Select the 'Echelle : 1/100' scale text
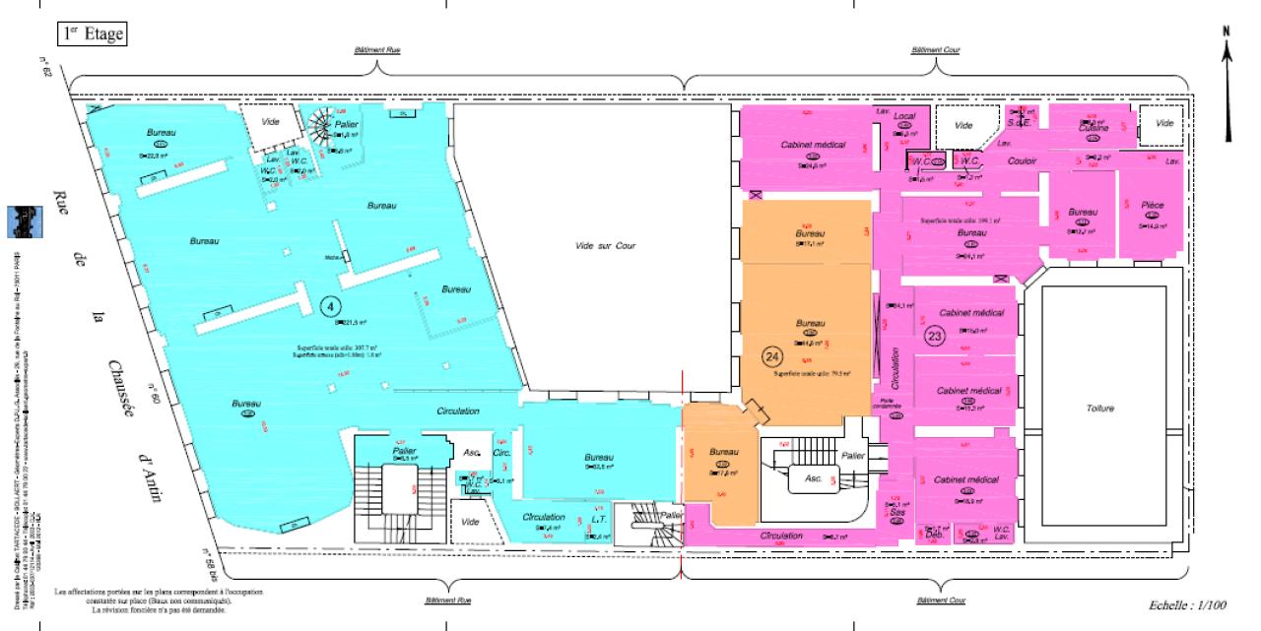(x=1193, y=605)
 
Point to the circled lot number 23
(x=935, y=335)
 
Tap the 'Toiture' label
(x=1098, y=408)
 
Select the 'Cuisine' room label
(x=1094, y=129)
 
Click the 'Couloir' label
(x=1025, y=160)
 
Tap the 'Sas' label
(x=896, y=513)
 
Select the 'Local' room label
(x=904, y=116)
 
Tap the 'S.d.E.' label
(x=1028, y=122)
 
